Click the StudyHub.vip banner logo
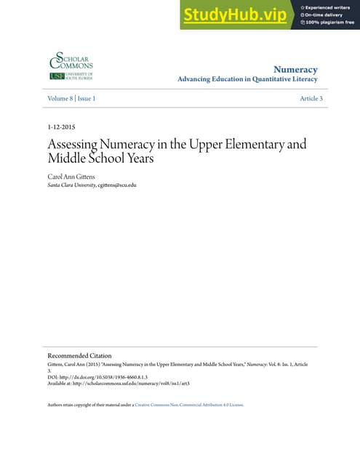235,15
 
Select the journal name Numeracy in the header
305,69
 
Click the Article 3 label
311,98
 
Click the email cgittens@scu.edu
118,185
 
